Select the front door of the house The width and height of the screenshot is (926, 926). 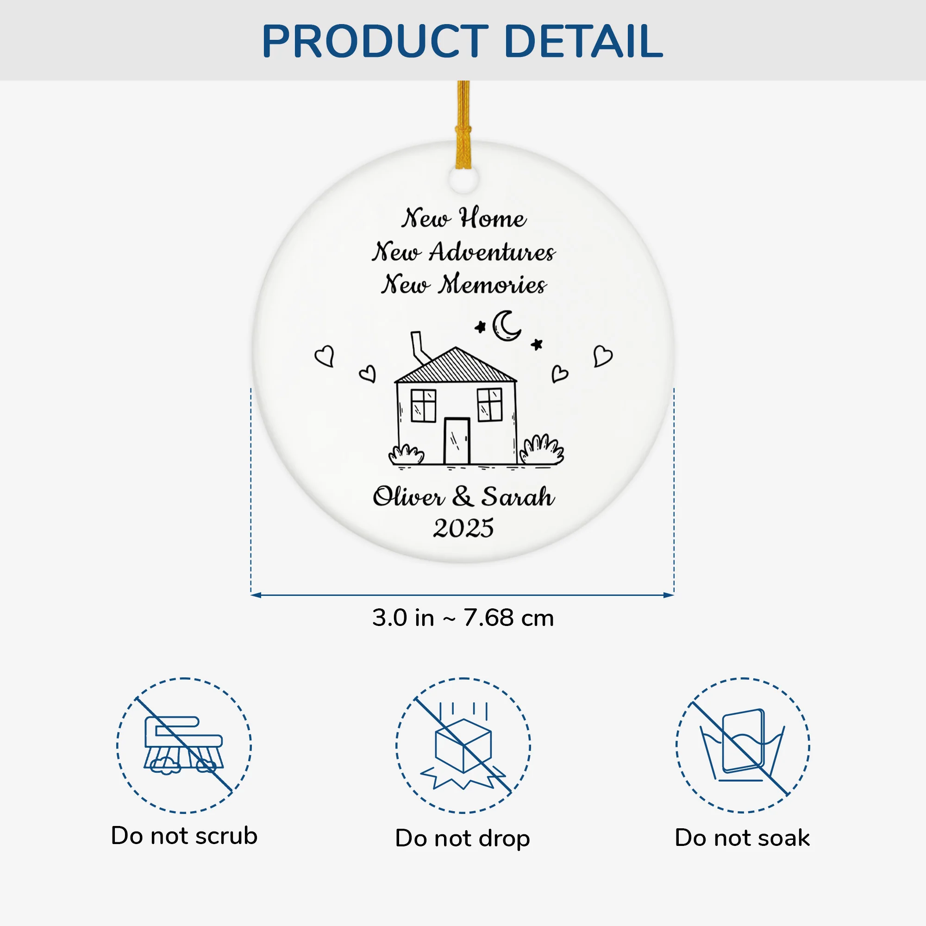point(457,441)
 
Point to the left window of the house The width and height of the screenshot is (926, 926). point(423,406)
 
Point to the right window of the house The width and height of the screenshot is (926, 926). point(489,405)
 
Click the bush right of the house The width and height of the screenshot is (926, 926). point(542,450)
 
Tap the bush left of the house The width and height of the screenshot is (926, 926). point(407,455)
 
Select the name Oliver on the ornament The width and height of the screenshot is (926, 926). point(409,496)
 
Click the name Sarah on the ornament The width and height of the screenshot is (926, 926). point(518,496)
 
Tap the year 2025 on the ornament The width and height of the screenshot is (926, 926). point(463,528)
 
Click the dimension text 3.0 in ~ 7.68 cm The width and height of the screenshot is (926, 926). point(463,618)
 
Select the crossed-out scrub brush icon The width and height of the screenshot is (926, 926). point(184,746)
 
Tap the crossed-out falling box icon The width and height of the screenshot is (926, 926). point(463,746)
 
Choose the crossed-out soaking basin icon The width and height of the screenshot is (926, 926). point(743,746)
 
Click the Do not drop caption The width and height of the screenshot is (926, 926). point(463,838)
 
